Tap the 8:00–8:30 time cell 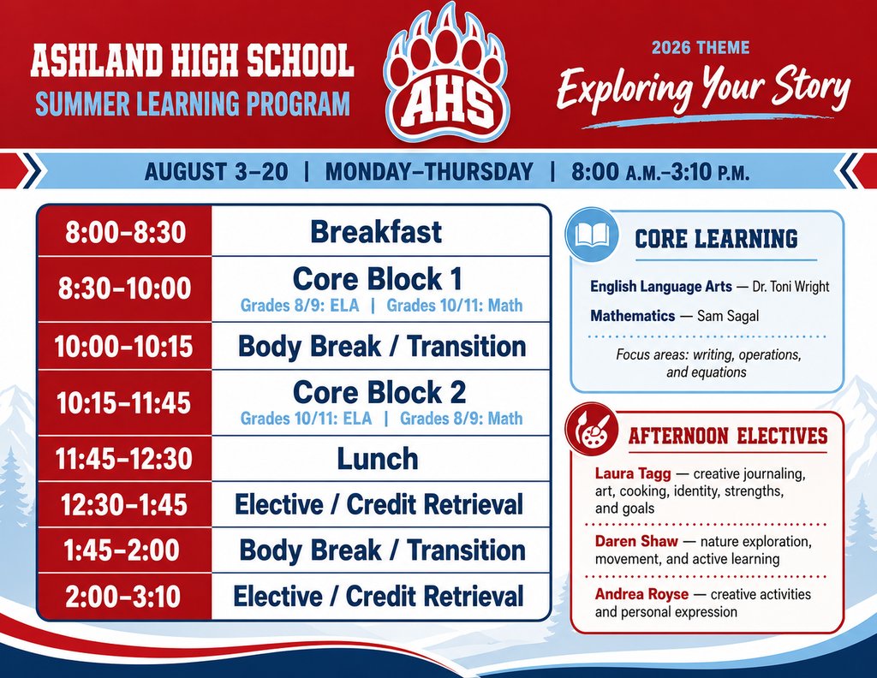pos(125,231)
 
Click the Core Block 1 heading pos(378,278)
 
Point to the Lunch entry pos(378,458)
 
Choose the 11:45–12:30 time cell pos(125,458)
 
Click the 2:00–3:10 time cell pos(125,597)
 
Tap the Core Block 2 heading pos(379,392)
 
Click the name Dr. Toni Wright pos(790,287)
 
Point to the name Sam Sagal pos(728,317)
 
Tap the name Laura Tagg pos(633,473)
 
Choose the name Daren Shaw pos(636,541)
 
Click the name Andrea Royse pos(641,593)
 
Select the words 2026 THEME pos(701,47)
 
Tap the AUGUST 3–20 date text pos(217,171)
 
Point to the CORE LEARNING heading pos(716,239)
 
